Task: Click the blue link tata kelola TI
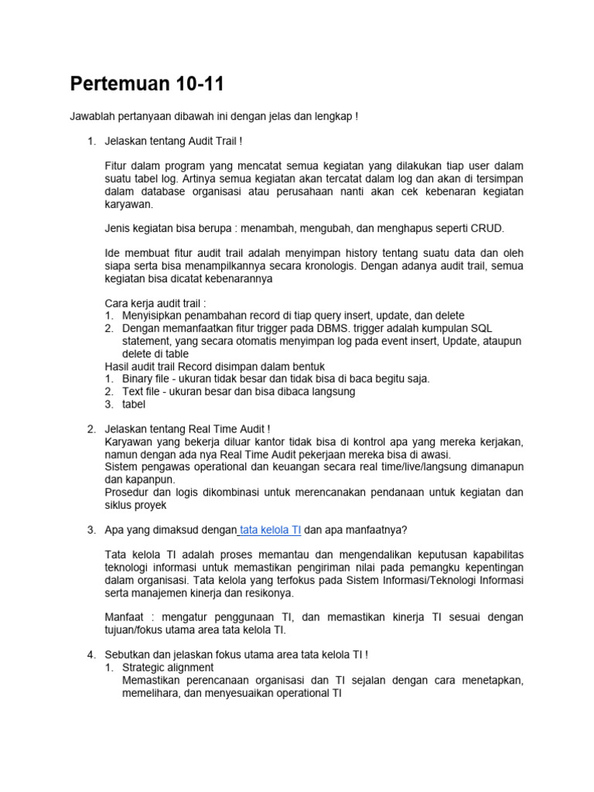coord(271,530)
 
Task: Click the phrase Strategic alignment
coord(168,667)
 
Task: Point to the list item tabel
coord(134,404)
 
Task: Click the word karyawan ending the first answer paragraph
coord(129,204)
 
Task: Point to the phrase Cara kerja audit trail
coord(155,303)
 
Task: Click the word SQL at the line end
coord(482,328)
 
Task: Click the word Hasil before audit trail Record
coord(118,366)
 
